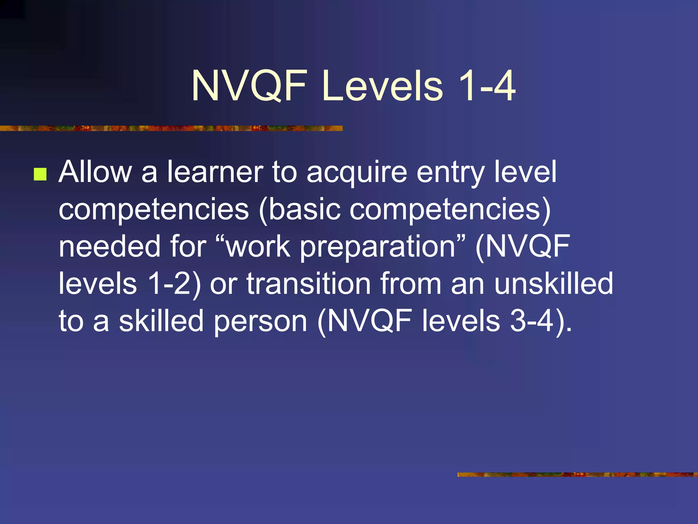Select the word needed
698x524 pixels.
(109, 246)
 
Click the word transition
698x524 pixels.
(308, 283)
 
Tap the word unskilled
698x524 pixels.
(553, 283)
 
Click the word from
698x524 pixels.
(411, 283)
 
